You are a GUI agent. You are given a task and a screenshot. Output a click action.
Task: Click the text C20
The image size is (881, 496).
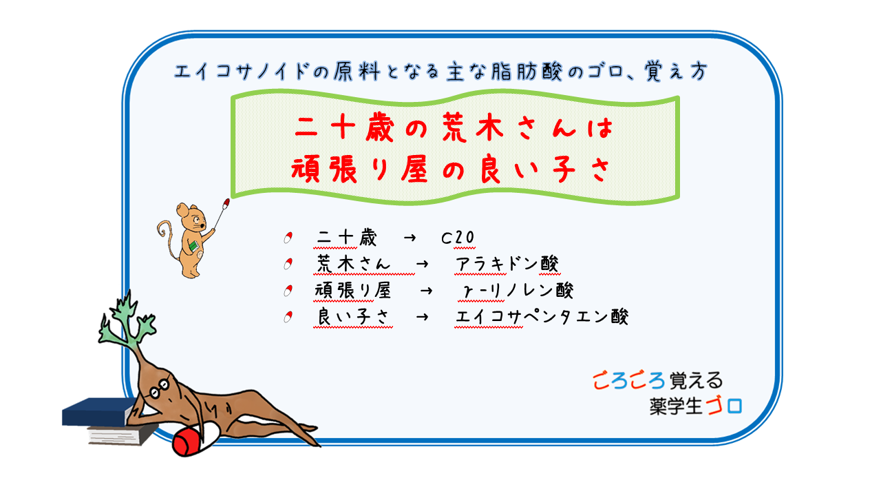click(x=458, y=238)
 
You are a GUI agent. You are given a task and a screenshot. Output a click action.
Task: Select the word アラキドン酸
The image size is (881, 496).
click(x=507, y=264)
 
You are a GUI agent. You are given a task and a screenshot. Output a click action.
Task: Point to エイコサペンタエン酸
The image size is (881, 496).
click(x=542, y=317)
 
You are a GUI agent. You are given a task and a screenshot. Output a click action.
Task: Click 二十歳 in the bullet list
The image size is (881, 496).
click(x=344, y=238)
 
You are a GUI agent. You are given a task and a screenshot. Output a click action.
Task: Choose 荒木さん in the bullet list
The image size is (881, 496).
click(x=352, y=264)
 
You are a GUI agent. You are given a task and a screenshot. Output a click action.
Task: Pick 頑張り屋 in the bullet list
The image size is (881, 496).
click(x=352, y=291)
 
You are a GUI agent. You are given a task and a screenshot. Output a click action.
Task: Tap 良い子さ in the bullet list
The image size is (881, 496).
click(x=352, y=317)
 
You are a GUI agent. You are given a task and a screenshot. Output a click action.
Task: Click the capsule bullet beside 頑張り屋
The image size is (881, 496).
click(x=288, y=291)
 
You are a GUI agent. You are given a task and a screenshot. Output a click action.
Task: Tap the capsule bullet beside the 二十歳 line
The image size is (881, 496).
click(x=288, y=238)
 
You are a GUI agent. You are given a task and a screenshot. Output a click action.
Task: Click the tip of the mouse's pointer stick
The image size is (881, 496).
click(x=226, y=201)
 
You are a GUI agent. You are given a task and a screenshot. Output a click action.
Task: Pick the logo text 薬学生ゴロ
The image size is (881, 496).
click(x=695, y=406)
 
